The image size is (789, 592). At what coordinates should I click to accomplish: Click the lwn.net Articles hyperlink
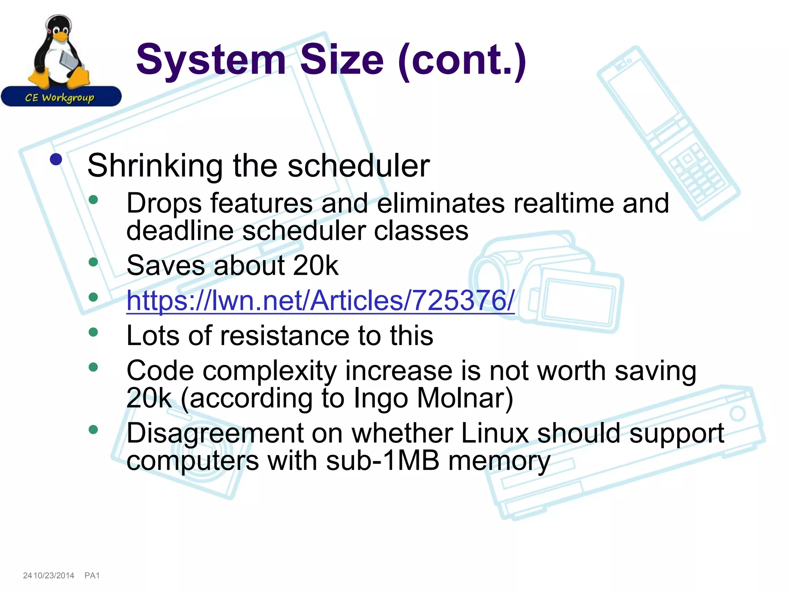320,301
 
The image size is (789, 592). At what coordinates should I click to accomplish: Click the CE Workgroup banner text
60,98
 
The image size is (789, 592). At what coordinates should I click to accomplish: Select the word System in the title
211,60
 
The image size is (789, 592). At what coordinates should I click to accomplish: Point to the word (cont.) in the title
462,60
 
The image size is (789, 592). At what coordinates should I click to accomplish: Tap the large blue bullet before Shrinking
56,160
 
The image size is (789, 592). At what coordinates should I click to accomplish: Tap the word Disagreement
215,433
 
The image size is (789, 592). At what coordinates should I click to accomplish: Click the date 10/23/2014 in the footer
54,576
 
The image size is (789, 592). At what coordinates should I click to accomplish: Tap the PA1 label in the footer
92,576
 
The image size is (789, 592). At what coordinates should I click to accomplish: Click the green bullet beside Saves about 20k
93,262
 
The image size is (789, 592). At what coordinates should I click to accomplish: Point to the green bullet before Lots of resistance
93,332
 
